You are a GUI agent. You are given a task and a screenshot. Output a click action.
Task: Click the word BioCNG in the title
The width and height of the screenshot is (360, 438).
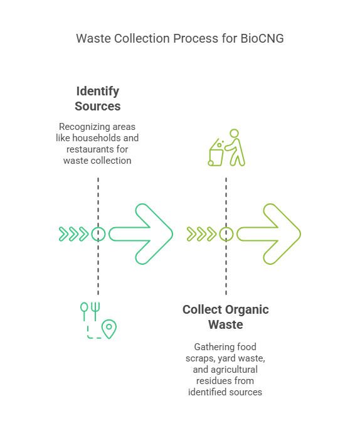click(x=262, y=38)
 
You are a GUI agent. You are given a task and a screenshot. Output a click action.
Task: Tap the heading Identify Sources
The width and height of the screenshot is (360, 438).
click(x=97, y=99)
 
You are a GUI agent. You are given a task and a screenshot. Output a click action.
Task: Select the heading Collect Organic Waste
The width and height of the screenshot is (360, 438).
click(x=226, y=317)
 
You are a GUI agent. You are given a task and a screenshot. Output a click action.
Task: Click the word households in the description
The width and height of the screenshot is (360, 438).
click(x=93, y=138)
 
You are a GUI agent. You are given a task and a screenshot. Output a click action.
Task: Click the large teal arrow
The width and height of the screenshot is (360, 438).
click(x=140, y=234)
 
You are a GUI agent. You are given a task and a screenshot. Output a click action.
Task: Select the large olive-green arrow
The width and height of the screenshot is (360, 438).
click(x=268, y=234)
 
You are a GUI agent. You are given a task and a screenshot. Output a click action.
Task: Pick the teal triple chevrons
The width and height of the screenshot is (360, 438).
click(x=74, y=234)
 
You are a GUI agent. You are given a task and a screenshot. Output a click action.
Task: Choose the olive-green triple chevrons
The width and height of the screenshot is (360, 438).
click(x=202, y=234)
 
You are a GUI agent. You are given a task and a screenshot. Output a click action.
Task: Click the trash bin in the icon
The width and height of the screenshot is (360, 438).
click(x=216, y=153)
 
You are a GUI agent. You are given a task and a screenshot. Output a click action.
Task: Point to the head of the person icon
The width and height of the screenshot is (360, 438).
click(x=235, y=133)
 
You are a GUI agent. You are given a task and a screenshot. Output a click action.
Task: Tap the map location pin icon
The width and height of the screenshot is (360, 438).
click(x=109, y=329)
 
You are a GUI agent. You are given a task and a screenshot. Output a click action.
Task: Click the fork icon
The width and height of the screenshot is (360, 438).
click(x=95, y=311)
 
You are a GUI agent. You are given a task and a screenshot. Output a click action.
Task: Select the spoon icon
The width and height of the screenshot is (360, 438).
click(x=84, y=311)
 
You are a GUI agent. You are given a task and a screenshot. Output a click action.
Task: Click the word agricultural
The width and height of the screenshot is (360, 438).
click(x=235, y=370)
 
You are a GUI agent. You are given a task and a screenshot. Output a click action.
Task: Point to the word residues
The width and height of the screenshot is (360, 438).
click(x=209, y=381)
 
